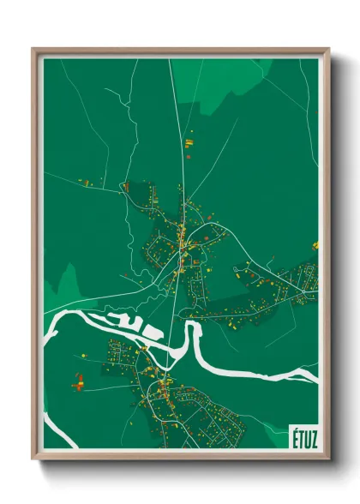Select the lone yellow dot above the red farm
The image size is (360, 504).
(x=84, y=354)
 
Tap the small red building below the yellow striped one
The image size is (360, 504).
(x=185, y=155)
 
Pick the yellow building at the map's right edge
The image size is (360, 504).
(x=315, y=245)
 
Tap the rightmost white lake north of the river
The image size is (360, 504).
(x=153, y=330)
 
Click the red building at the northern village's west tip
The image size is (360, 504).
(x=127, y=185)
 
